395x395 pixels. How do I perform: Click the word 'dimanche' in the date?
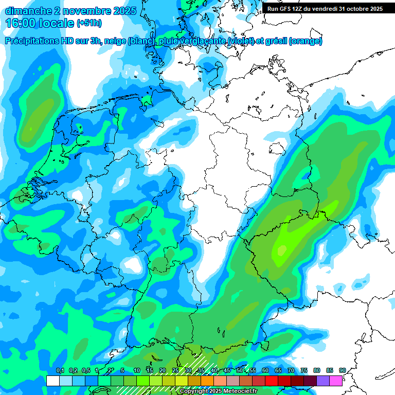click(x=26, y=11)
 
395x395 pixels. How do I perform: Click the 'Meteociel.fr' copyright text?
click(x=237, y=391)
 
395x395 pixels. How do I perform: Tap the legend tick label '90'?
click(x=343, y=370)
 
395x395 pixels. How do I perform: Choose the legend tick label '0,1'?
click(x=60, y=370)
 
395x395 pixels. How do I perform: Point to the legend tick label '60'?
click(x=265, y=370)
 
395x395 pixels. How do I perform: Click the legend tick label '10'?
click(x=137, y=370)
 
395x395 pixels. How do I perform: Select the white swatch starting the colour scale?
click(x=53, y=381)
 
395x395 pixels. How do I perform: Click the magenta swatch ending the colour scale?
click(x=336, y=381)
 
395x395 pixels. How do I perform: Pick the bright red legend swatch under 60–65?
click(x=272, y=381)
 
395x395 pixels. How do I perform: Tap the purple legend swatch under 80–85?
click(x=323, y=381)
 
